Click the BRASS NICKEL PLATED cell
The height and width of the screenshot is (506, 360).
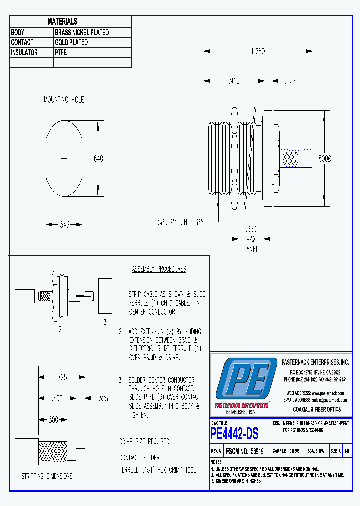(x=82, y=32)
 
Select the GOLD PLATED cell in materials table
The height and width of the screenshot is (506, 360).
(x=71, y=42)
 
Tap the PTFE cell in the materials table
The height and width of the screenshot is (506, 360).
(x=61, y=52)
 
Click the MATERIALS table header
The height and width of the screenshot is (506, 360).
(x=62, y=21)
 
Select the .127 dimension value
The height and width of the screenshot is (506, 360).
(x=292, y=80)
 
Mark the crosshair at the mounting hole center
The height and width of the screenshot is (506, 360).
(x=64, y=159)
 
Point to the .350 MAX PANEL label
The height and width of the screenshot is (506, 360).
(x=251, y=238)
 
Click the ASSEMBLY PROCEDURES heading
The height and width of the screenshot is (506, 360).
(x=159, y=269)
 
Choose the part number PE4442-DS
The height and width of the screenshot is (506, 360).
(x=235, y=434)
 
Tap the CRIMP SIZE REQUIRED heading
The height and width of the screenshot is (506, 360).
(x=144, y=442)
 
